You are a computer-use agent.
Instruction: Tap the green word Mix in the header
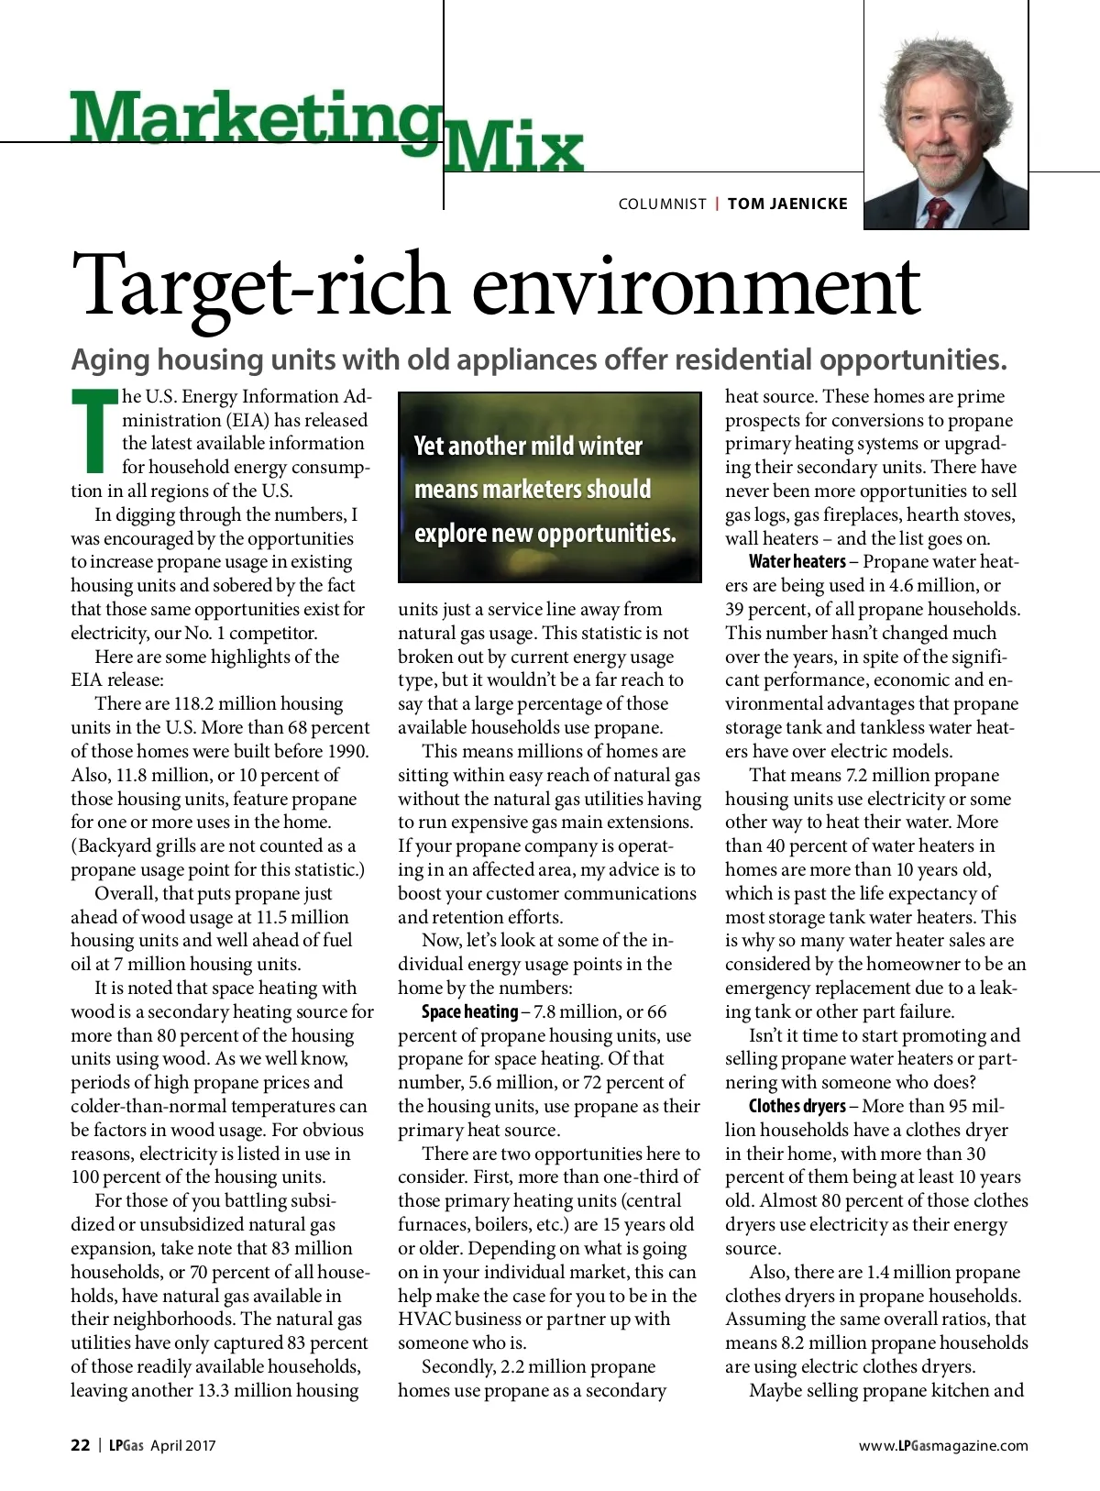(513, 147)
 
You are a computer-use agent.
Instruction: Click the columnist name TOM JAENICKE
(787, 204)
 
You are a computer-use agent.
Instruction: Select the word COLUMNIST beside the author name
(662, 204)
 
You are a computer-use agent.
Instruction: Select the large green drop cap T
(94, 431)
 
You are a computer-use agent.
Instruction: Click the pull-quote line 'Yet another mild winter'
(528, 447)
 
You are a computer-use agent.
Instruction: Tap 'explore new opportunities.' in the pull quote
(544, 533)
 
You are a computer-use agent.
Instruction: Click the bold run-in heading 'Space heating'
(469, 1011)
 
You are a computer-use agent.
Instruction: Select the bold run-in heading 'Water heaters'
(797, 561)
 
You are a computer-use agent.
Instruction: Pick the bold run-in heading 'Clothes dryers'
(797, 1106)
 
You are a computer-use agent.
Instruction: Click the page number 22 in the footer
(81, 1445)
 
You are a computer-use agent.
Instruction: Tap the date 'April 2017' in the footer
(183, 1446)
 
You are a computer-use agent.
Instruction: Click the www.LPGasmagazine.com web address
(943, 1446)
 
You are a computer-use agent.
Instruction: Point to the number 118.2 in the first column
(193, 703)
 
